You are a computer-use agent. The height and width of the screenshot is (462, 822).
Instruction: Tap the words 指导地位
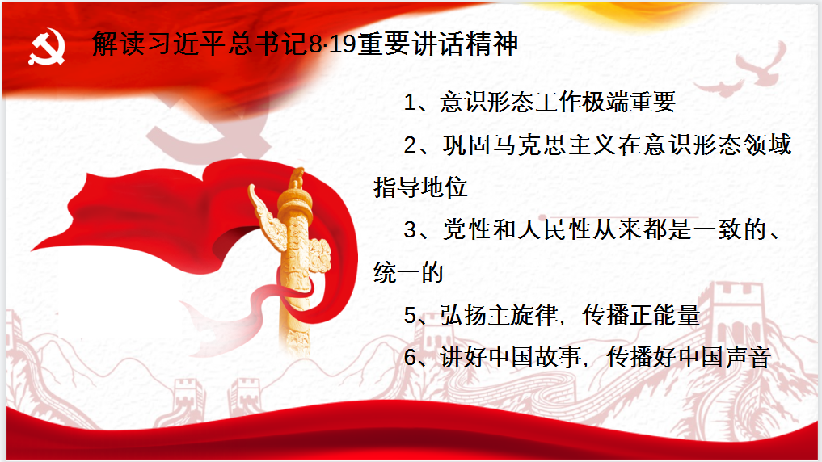point(421,188)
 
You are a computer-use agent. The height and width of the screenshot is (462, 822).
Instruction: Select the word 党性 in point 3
point(466,230)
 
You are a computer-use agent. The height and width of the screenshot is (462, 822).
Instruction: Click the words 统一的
point(409,273)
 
